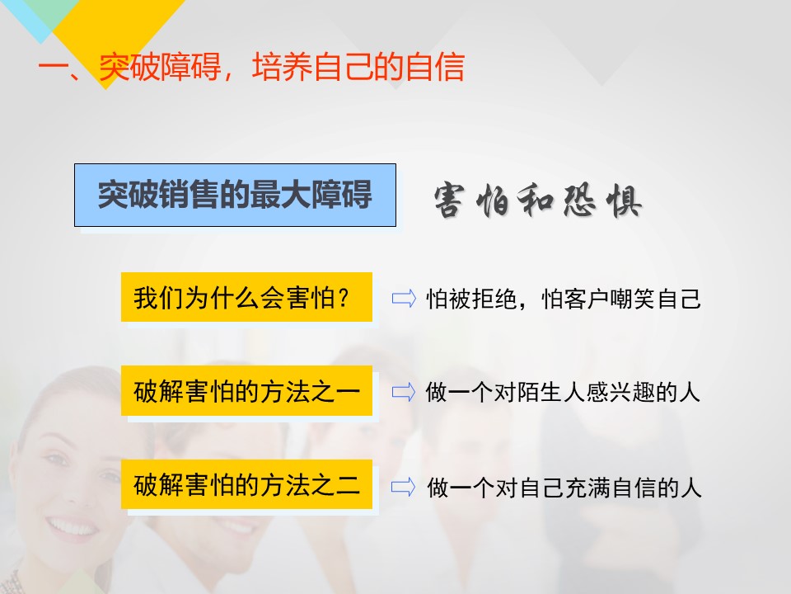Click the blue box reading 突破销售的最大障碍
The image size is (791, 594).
[x=235, y=195]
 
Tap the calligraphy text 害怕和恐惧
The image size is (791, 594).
[x=538, y=201]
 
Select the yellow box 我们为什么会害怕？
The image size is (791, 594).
[x=246, y=297]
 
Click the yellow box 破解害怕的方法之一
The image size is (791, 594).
[x=246, y=391]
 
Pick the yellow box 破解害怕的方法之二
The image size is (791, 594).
[x=246, y=485]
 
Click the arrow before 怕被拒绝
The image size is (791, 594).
[x=404, y=299]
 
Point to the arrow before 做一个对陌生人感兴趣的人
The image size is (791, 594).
[x=404, y=392]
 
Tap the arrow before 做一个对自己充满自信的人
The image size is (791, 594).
[x=404, y=487]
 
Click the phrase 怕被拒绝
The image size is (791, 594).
[x=471, y=299]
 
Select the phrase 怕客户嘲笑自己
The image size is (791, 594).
[x=621, y=299]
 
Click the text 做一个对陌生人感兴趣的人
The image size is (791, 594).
[x=563, y=392]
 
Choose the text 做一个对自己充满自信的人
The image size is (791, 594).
[x=564, y=488]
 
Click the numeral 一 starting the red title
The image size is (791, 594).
[x=53, y=67]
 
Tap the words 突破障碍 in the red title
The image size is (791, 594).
[x=160, y=67]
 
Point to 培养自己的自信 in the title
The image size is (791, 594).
[x=358, y=67]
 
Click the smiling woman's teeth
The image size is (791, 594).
[x=73, y=527]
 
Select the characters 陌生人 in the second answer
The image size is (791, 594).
[x=551, y=392]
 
